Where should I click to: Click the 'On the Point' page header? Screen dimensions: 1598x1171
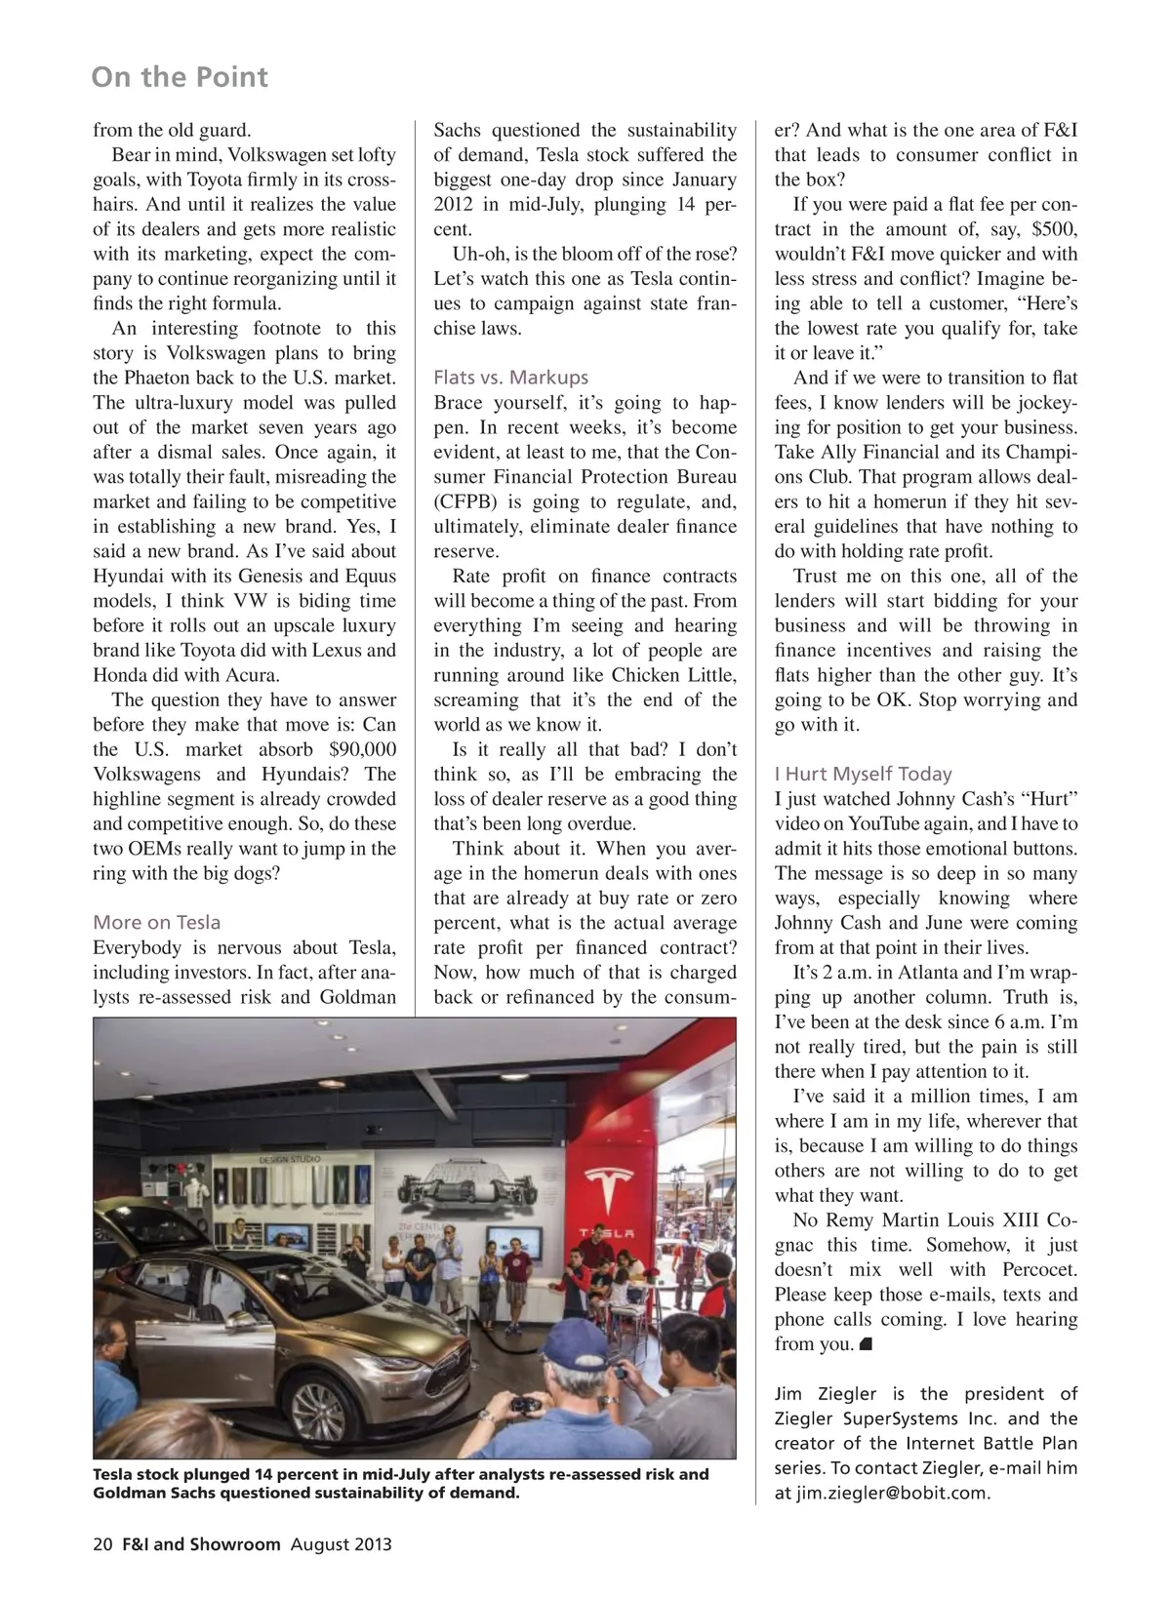pyautogui.click(x=180, y=77)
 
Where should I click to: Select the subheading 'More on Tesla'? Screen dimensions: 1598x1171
pyautogui.click(x=156, y=922)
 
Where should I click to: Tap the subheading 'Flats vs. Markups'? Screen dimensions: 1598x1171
pyautogui.click(x=510, y=378)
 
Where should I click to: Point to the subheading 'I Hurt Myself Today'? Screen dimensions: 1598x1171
pyautogui.click(x=863, y=774)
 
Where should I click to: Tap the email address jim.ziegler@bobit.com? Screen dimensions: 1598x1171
pyautogui.click(x=892, y=1493)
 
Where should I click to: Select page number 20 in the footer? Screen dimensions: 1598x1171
pyautogui.click(x=102, y=1544)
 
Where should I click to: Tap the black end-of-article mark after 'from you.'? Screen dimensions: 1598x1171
pyautogui.click(x=866, y=1345)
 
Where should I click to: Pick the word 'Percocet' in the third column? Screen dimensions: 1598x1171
pyautogui.click(x=1039, y=1269)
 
